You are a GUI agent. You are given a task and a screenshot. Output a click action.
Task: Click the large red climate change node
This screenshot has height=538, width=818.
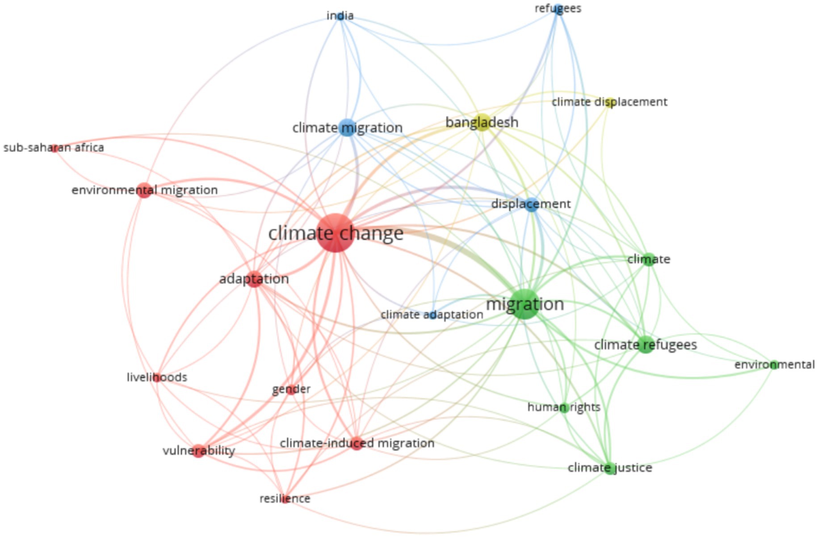tap(336, 233)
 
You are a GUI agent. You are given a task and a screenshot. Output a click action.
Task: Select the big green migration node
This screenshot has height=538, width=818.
tap(524, 304)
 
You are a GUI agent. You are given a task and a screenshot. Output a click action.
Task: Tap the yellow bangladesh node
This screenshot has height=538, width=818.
tap(482, 122)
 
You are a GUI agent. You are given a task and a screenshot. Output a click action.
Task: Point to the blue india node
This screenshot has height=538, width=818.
tap(340, 16)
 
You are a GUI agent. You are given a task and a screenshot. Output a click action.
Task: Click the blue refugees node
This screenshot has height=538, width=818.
tap(558, 8)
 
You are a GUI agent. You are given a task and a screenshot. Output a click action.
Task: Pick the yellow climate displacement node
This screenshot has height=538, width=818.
tap(610, 102)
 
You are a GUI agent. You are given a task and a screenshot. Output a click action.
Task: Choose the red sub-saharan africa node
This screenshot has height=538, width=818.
tap(55, 148)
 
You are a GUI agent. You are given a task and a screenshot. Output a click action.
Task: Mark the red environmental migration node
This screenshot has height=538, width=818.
tap(144, 190)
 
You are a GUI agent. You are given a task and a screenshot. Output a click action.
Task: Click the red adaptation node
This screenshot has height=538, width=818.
tap(254, 279)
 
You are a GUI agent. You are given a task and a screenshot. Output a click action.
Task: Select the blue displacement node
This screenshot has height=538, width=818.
tap(531, 204)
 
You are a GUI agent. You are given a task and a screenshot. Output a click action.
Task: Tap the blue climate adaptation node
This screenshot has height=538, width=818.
tap(432, 315)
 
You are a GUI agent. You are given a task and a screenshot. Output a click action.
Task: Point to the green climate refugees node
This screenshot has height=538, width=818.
tap(646, 345)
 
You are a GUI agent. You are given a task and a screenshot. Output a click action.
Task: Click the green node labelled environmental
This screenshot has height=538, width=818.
tap(774, 365)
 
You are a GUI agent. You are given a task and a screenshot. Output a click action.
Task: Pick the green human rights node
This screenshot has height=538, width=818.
tap(564, 408)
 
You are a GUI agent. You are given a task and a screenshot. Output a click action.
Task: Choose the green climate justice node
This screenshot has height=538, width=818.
tap(610, 468)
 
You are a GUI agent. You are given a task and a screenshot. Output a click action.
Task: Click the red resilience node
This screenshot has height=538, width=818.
tap(285, 499)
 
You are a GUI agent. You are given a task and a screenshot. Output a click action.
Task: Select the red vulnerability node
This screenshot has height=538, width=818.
tap(199, 451)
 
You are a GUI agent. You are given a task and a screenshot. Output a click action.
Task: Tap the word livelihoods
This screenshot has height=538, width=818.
tap(157, 378)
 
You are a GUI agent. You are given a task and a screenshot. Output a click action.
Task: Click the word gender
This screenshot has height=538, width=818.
tap(291, 389)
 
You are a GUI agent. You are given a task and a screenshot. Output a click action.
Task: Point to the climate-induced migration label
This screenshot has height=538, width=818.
tap(357, 443)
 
